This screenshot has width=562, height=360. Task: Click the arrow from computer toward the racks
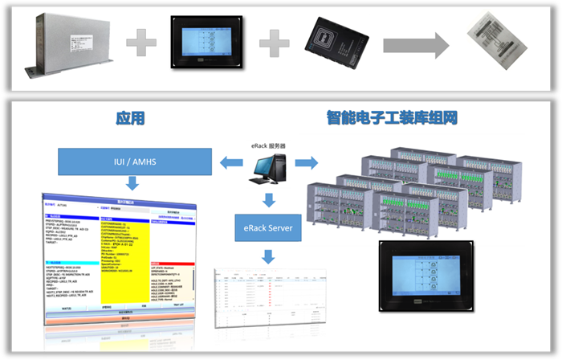pyautogui.click(x=303, y=164)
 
